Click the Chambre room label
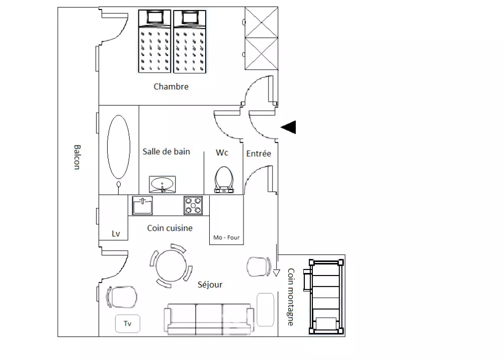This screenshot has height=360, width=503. click(171, 86)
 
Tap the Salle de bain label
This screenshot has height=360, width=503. click(166, 152)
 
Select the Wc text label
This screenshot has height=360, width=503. click(222, 152)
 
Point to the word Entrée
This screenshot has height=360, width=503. click(259, 153)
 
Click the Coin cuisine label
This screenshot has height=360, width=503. click(170, 228)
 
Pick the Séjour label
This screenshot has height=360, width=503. click(210, 285)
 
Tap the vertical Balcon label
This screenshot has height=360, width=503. click(77, 157)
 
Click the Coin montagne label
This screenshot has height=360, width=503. click(291, 297)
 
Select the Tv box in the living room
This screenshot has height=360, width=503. click(128, 323)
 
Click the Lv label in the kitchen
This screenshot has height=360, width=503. click(116, 234)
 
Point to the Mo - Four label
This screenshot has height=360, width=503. click(226, 237)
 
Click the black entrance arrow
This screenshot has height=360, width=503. click(288, 127)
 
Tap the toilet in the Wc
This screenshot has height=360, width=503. click(224, 180)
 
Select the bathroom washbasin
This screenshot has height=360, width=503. click(162, 185)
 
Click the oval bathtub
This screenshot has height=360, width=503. click(119, 147)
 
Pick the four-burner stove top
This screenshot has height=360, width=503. click(193, 206)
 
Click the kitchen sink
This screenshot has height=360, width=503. click(142, 206)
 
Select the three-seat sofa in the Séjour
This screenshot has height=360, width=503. click(209, 319)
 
